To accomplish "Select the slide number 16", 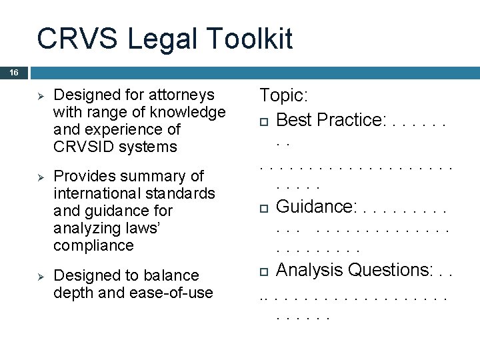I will [x=14, y=72].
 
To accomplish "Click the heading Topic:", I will [x=283, y=95].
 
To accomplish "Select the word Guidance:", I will [x=316, y=207].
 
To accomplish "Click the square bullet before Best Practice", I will [x=264, y=121].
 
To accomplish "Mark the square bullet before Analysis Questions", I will [x=264, y=271].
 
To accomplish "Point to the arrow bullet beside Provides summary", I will [x=39, y=177].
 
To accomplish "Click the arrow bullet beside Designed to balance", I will [x=39, y=275].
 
